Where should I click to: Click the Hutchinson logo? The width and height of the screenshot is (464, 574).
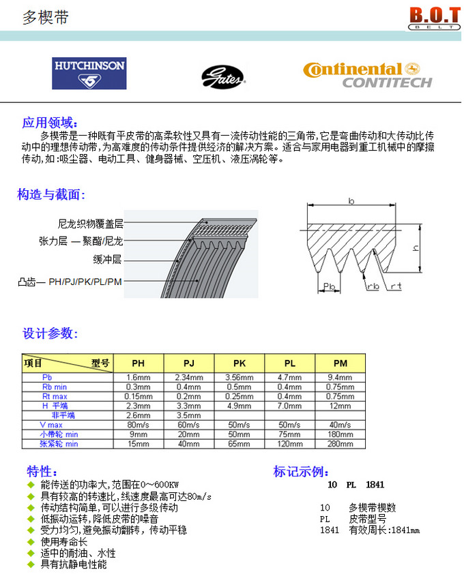coord(89,73)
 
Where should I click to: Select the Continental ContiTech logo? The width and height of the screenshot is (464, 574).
coord(368,75)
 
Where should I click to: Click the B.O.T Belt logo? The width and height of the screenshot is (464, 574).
coord(431,18)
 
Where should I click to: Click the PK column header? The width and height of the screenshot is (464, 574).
coord(240,363)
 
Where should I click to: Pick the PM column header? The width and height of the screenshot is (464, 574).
coord(340,363)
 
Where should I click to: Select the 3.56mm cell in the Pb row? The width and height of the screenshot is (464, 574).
coord(240,377)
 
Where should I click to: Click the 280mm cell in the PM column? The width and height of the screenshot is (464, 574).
coord(340,444)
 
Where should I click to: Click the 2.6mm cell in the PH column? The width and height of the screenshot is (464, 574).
coord(138,414)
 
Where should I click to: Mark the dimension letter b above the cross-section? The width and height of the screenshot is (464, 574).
coord(350,200)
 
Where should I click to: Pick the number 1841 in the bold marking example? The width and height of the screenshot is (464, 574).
coord(375,485)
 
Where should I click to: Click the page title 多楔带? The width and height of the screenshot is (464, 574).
coord(46,17)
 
